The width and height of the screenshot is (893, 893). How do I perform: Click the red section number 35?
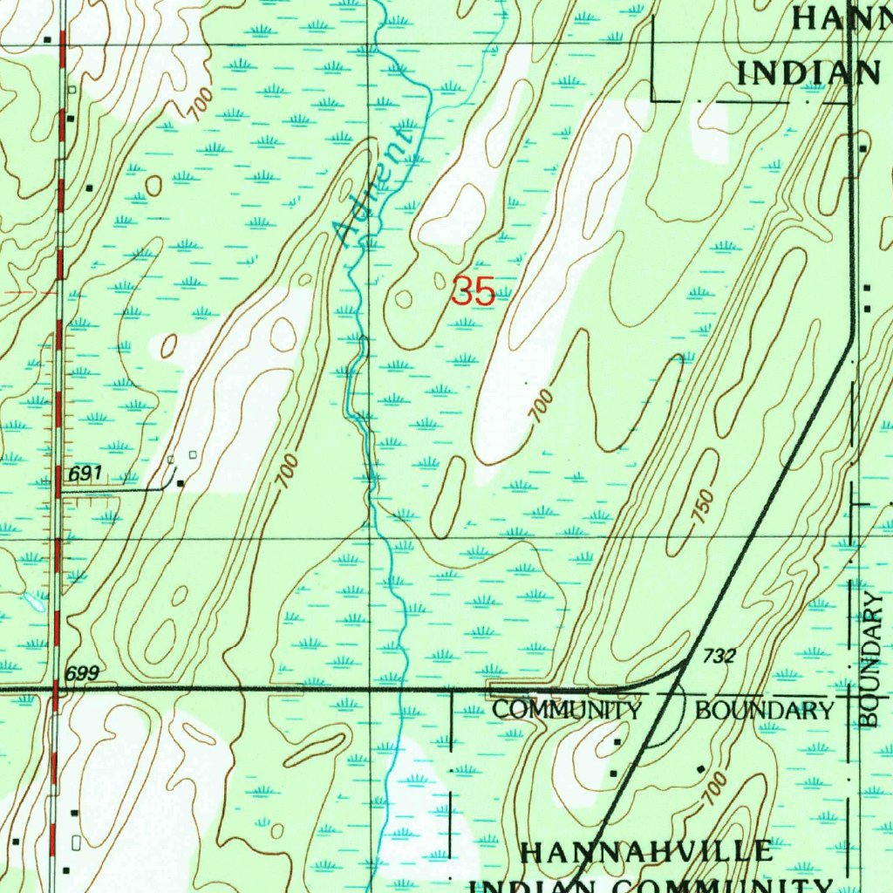[474, 291]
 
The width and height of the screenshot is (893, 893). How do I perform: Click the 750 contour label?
[704, 507]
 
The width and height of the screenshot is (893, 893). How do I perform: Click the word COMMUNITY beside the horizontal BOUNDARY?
[567, 710]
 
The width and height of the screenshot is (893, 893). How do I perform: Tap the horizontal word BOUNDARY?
[765, 710]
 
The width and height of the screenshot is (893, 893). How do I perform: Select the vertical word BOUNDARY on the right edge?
[874, 659]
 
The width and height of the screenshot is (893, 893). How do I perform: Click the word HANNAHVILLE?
[646, 852]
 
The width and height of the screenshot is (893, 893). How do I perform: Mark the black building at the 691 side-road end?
[181, 482]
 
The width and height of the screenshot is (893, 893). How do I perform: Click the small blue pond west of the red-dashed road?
[35, 601]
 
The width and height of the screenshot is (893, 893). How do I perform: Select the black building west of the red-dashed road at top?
[48, 39]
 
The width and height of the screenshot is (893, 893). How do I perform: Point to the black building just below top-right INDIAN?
[862, 148]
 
